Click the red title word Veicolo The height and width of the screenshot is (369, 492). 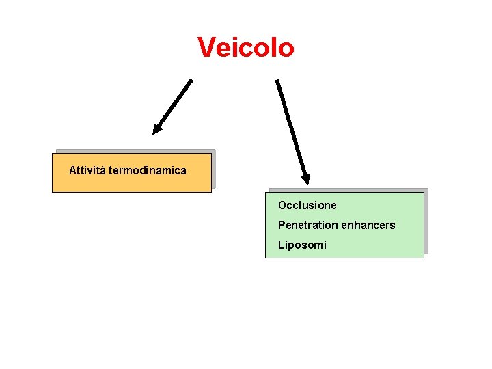point(246,47)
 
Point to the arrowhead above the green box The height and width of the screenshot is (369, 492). point(305,178)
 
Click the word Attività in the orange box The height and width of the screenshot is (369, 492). point(87,170)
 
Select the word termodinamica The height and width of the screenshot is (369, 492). point(147,170)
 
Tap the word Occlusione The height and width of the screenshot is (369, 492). point(307,205)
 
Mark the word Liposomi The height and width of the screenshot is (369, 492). point(302,245)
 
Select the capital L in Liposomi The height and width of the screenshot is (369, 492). point(281,245)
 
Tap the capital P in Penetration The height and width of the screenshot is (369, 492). point(282,225)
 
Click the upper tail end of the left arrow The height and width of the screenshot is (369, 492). point(191,81)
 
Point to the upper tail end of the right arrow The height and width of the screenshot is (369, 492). point(277,81)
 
